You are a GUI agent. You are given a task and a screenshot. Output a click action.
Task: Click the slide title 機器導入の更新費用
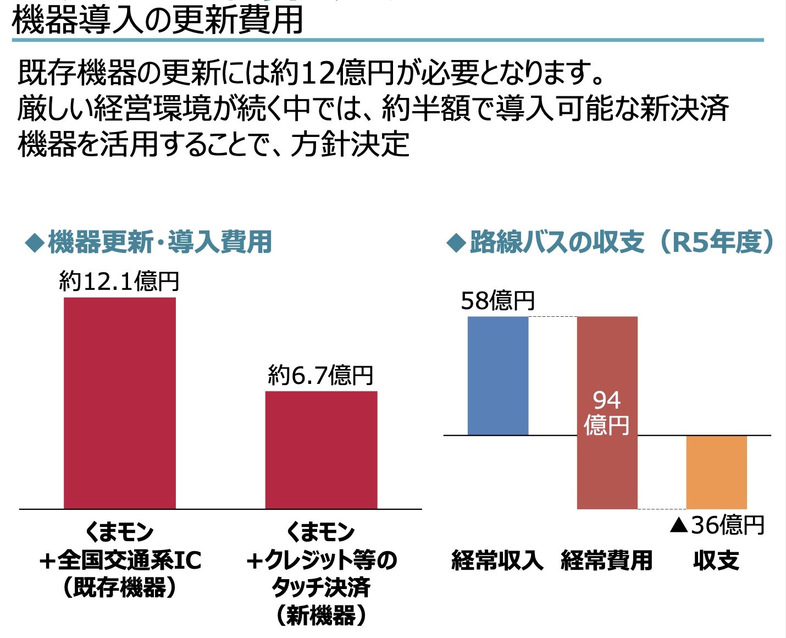pyautogui.click(x=157, y=20)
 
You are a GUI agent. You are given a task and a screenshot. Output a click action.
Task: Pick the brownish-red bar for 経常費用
pyautogui.click(x=607, y=468)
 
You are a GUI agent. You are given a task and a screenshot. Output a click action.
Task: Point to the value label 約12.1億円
pyautogui.click(x=119, y=282)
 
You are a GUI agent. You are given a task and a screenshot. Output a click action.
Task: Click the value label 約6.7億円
pyautogui.click(x=320, y=376)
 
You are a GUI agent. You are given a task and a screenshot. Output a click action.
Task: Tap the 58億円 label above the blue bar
pyautogui.click(x=497, y=301)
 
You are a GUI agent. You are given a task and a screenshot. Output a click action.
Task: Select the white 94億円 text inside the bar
pyautogui.click(x=607, y=413)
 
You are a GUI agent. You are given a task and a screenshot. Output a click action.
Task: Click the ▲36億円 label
pyautogui.click(x=717, y=525)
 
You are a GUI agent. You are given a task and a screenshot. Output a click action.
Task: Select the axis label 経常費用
pyautogui.click(x=607, y=560)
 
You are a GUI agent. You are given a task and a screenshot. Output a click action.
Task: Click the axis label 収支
pyautogui.click(x=716, y=560)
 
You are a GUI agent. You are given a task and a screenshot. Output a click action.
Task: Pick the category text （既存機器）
pyautogui.click(x=120, y=587)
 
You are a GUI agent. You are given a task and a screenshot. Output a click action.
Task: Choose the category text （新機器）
pyautogui.click(x=321, y=615)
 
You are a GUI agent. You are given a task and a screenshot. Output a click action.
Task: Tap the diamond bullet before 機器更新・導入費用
pyautogui.click(x=34, y=243)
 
